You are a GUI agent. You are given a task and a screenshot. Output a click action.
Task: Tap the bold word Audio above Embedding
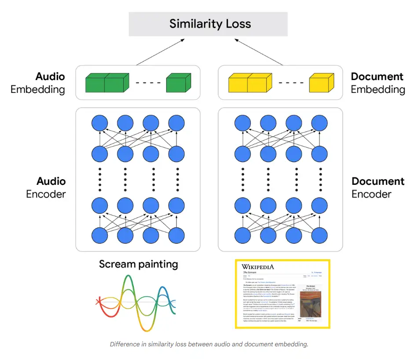(51, 77)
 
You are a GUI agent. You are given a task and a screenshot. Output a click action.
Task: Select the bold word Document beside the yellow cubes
(377, 77)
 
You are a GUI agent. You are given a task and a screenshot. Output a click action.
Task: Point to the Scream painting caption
(138, 264)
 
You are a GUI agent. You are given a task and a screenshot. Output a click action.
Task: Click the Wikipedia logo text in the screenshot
(258, 267)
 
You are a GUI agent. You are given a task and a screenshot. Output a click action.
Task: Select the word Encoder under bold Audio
(46, 194)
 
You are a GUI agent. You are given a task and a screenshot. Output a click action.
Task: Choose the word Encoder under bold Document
(371, 194)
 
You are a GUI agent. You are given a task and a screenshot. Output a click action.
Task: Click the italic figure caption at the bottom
(209, 344)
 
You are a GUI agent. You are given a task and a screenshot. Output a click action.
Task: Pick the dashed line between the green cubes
(145, 83)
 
